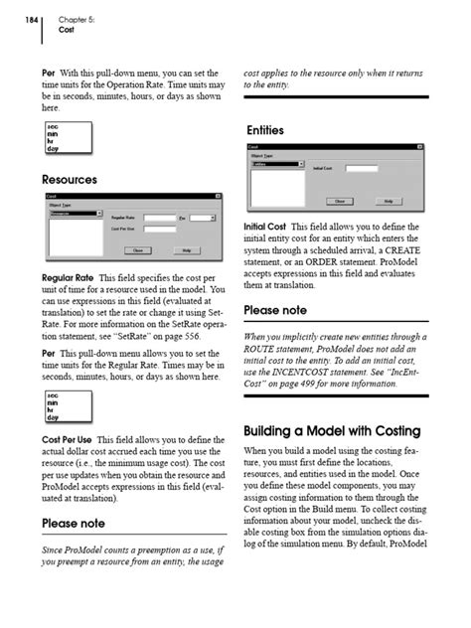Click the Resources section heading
click(69, 180)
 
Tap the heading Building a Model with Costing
click(332, 431)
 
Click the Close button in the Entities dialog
click(340, 200)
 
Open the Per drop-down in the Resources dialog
click(203, 217)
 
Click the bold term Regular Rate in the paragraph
click(68, 277)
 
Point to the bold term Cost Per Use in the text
click(69, 439)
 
